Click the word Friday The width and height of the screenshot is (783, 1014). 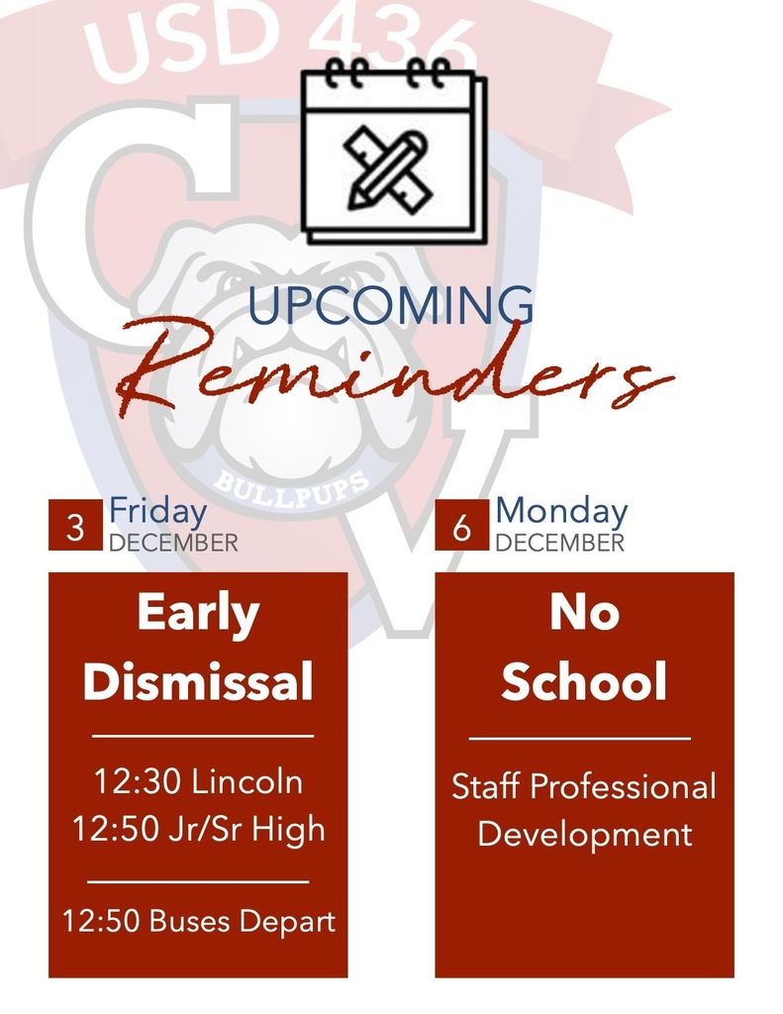click(x=157, y=512)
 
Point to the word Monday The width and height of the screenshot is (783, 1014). click(x=561, y=512)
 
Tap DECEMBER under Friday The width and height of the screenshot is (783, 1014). click(x=173, y=543)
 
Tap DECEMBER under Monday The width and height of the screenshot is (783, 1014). click(x=559, y=543)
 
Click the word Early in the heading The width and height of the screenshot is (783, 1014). click(x=198, y=614)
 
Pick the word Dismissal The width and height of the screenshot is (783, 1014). click(x=198, y=682)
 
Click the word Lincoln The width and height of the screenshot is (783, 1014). click(x=247, y=782)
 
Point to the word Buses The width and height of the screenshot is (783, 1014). click(x=188, y=922)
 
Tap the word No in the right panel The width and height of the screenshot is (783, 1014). click(x=584, y=614)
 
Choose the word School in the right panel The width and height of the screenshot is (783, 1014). click(x=584, y=682)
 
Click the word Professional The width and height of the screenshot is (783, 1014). click(x=624, y=787)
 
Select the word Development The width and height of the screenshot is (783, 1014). click(x=584, y=833)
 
